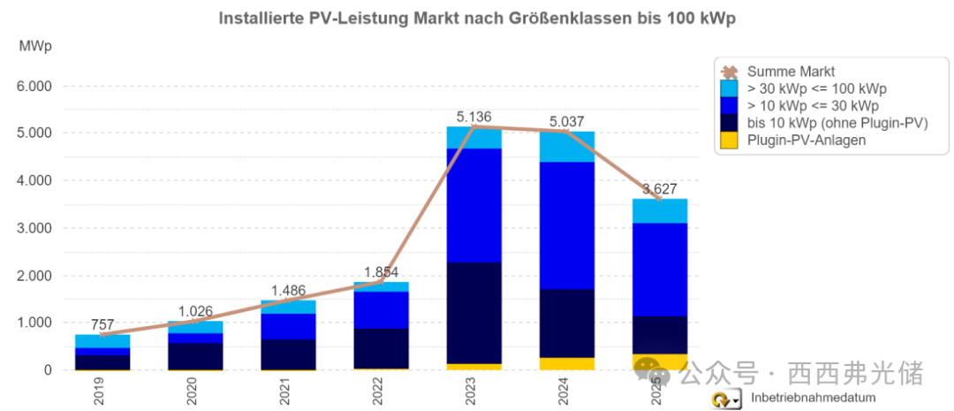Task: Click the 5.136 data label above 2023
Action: click(473, 116)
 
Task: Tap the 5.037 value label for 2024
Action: click(566, 121)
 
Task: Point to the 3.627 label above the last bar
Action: click(660, 188)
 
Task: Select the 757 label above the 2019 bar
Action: click(102, 325)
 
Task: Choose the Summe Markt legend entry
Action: click(791, 72)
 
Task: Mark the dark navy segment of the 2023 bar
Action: click(473, 313)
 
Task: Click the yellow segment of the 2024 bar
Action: click(566, 363)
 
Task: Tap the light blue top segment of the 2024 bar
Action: click(566, 147)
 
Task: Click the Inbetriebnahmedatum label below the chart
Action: click(806, 400)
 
